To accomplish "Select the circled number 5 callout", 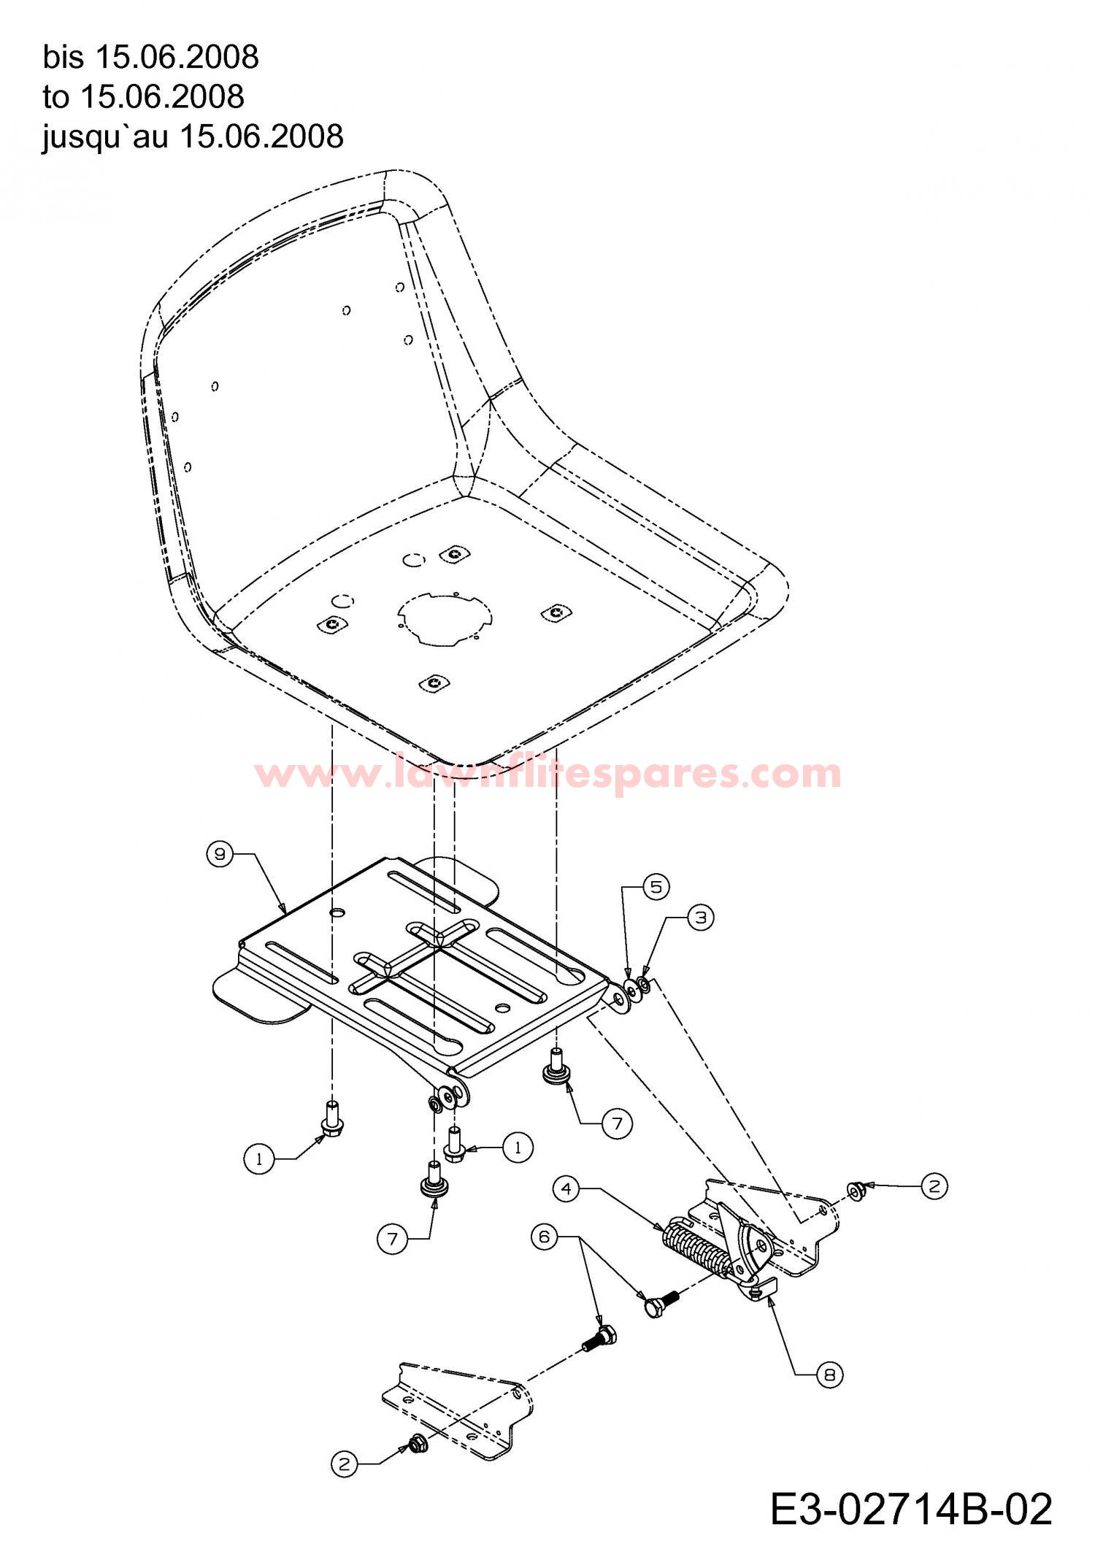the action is [x=656, y=887].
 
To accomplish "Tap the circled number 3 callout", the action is [x=701, y=918].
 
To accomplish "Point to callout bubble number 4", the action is [x=566, y=1189].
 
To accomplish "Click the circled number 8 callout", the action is [x=829, y=1375].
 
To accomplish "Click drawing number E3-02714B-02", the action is [x=911, y=1507].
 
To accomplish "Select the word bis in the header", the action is [x=64, y=57].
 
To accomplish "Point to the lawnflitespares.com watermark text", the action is [x=547, y=773].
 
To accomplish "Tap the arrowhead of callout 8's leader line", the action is [x=771, y=1300].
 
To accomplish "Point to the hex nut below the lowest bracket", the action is [x=417, y=1442].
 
